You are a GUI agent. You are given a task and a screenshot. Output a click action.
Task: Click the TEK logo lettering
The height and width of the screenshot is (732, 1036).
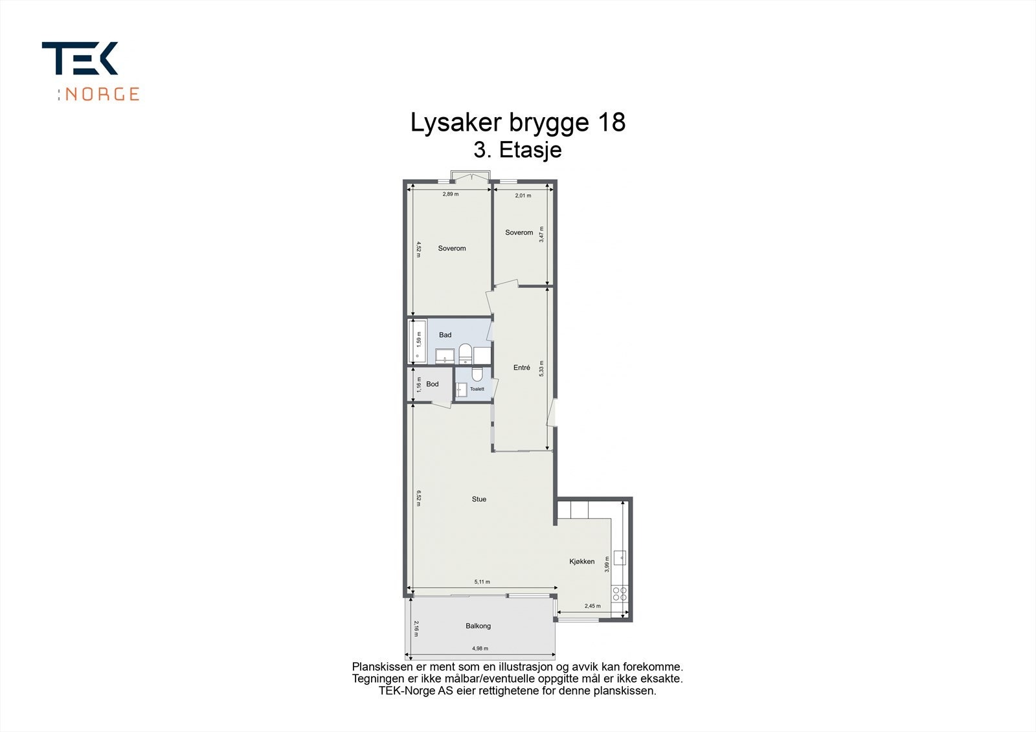[x=80, y=59]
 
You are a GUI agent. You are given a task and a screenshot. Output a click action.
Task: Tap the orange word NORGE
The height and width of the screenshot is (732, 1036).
[x=102, y=94]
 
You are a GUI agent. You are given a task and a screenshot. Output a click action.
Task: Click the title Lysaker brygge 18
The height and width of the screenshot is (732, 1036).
[x=518, y=122]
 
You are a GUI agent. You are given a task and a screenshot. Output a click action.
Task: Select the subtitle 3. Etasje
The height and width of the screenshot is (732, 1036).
[x=517, y=150]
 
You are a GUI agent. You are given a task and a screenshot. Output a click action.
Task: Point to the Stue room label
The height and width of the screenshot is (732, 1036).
[x=479, y=499]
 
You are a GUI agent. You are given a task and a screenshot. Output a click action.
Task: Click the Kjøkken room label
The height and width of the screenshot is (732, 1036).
[x=581, y=561]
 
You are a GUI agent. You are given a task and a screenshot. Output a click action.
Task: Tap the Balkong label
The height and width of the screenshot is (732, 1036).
[x=478, y=626]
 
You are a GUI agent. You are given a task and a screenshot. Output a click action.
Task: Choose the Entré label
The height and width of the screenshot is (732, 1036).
[x=521, y=368]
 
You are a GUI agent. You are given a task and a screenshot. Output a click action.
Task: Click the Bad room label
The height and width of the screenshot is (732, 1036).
[x=445, y=335]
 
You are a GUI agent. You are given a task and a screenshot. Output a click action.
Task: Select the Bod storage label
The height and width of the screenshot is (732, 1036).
[x=432, y=384]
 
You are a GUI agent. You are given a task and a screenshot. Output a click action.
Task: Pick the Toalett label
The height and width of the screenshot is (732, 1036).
[x=477, y=389]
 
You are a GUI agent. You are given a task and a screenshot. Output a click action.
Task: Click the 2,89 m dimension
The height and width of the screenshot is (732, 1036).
[x=450, y=194]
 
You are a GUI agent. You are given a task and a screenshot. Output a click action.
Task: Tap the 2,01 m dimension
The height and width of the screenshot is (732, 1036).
[x=523, y=195]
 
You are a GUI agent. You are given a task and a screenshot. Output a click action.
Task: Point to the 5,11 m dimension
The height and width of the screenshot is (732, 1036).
[x=482, y=582]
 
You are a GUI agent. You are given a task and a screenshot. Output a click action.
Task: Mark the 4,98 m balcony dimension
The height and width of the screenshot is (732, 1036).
[x=480, y=649]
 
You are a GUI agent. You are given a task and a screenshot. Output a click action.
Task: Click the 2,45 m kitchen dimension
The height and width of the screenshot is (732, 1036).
[x=592, y=606]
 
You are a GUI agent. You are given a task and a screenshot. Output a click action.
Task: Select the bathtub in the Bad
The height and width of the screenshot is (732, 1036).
[x=417, y=340]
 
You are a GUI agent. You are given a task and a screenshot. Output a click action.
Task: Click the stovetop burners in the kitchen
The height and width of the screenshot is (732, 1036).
[x=619, y=593]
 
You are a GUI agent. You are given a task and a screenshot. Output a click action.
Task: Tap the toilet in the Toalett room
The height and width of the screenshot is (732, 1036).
[x=477, y=374]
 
